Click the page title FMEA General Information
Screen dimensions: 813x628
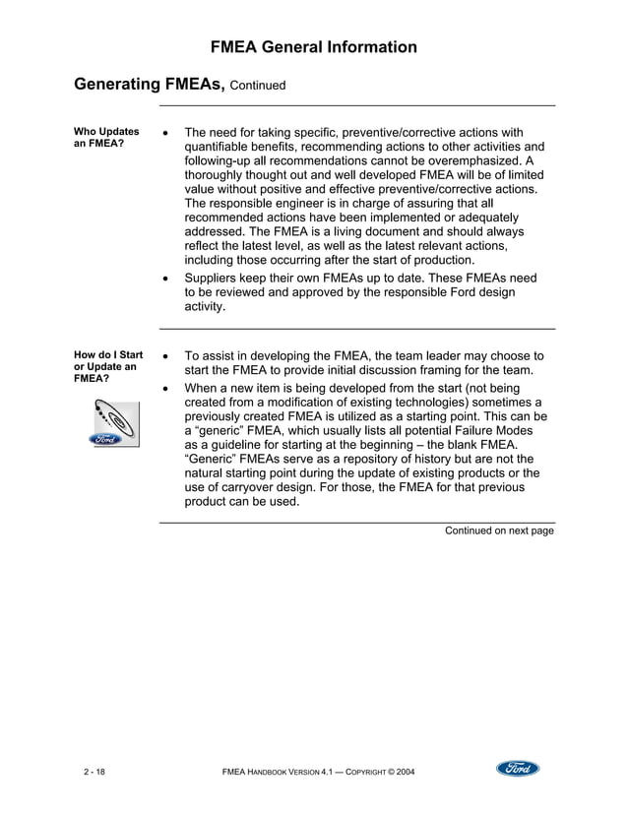coord(314,47)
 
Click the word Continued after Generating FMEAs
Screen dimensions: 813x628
coord(258,86)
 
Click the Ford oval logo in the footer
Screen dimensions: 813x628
coord(517,769)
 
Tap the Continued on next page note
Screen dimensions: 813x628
coord(499,531)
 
